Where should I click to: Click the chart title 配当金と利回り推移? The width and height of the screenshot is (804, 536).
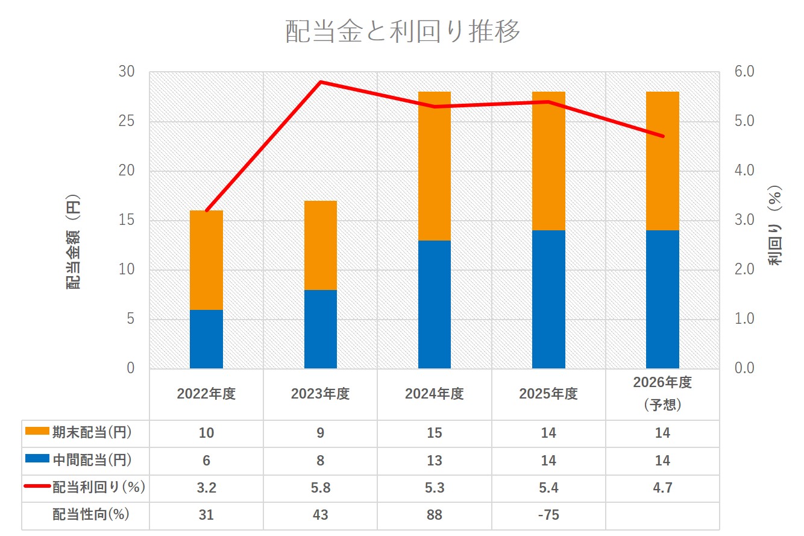(x=403, y=31)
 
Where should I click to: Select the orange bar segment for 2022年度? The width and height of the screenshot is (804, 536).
(x=206, y=260)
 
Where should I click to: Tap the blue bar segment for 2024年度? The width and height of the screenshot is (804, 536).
(x=435, y=304)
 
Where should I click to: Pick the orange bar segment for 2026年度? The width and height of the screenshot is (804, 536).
(x=662, y=161)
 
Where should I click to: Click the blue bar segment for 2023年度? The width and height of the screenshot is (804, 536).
(x=321, y=329)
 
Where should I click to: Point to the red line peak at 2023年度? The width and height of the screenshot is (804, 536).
(x=321, y=82)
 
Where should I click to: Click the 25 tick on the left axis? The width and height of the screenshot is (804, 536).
(x=127, y=121)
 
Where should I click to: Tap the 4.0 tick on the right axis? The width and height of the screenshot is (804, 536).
(x=744, y=170)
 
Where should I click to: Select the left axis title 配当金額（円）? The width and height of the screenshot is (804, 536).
(x=73, y=242)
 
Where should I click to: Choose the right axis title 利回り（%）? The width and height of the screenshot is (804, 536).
(x=774, y=225)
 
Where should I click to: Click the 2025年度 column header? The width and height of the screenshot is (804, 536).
(x=548, y=394)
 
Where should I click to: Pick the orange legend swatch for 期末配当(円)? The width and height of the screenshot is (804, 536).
(x=37, y=431)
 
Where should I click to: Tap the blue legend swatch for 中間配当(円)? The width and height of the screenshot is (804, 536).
(x=37, y=458)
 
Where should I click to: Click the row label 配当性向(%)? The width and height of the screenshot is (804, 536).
(x=91, y=514)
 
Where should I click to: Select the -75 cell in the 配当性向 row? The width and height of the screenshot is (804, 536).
(x=548, y=515)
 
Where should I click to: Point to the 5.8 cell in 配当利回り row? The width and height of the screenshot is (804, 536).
(x=321, y=488)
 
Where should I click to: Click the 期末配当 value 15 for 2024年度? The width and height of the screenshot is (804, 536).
(x=435, y=433)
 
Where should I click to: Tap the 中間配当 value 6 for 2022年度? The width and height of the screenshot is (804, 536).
(x=206, y=460)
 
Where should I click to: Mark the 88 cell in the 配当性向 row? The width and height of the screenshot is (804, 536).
(x=435, y=515)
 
